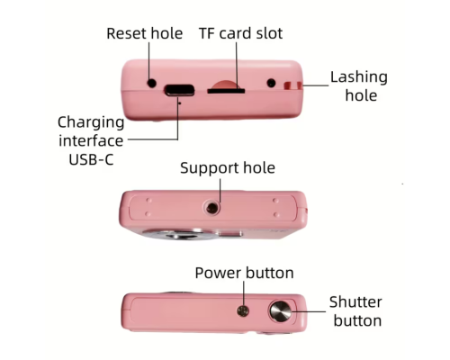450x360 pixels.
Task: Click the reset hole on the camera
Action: click(x=152, y=83)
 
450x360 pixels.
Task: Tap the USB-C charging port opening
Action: click(x=179, y=90)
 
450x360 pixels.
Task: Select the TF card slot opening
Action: click(x=226, y=90)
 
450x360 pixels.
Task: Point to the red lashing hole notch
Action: click(x=292, y=85)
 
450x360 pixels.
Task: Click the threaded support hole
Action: click(x=212, y=208)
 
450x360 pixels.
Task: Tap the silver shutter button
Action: click(x=280, y=310)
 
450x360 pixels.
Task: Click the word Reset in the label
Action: click(x=126, y=33)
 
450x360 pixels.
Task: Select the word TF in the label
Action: click(x=207, y=33)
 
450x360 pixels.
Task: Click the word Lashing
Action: click(x=359, y=77)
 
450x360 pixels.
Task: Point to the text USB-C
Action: click(x=91, y=159)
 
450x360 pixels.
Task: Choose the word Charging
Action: click(x=91, y=123)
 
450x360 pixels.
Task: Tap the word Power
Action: click(x=218, y=273)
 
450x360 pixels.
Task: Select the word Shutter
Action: click(x=355, y=301)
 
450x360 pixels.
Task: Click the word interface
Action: click(x=91, y=140)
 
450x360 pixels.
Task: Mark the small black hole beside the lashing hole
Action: click(x=271, y=83)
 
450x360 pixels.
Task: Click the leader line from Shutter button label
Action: click(x=309, y=311)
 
